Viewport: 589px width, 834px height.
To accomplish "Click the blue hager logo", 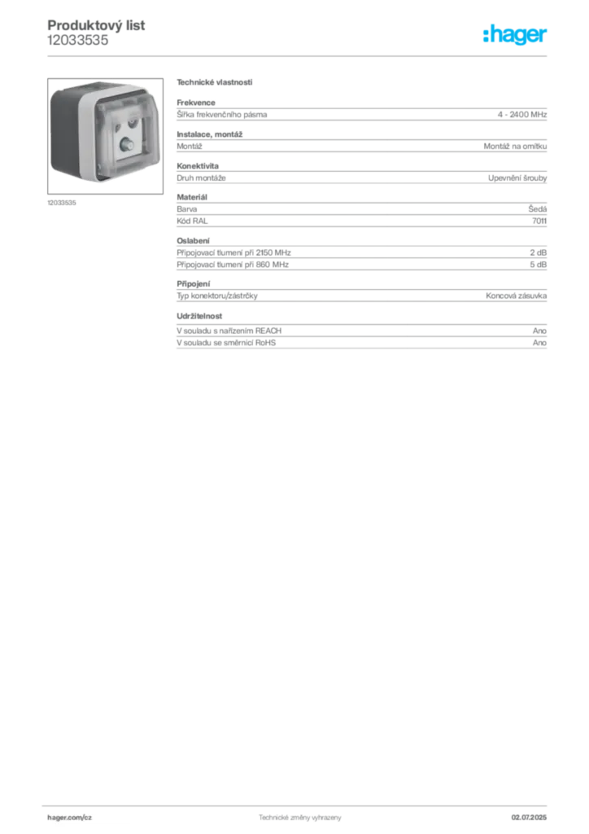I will pos(516,36).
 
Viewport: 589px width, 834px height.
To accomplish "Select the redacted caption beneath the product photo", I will pos(61,202).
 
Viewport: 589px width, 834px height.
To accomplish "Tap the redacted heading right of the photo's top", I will pos(215,82).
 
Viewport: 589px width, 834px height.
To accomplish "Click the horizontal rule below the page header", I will pos(299,56).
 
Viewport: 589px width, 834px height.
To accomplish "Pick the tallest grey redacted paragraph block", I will pos(361,210).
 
